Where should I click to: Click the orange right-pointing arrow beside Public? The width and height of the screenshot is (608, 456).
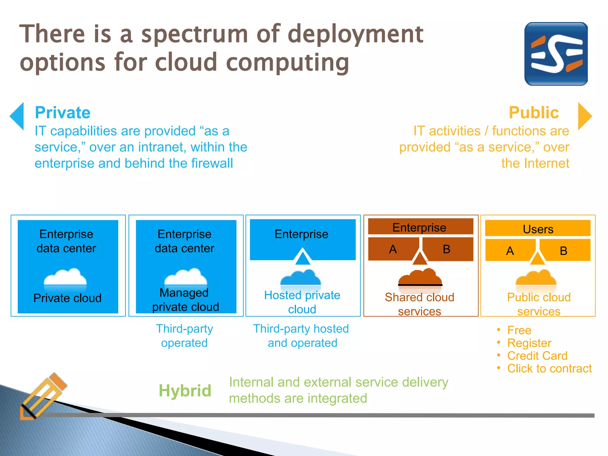(x=584, y=116)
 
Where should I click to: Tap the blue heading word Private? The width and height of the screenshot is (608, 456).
(x=63, y=113)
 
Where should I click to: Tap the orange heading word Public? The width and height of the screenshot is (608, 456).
(x=534, y=113)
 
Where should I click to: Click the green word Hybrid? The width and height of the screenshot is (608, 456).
(x=185, y=391)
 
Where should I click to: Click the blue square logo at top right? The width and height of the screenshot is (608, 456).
(x=556, y=54)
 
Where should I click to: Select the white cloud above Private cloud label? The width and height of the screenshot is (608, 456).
(x=65, y=278)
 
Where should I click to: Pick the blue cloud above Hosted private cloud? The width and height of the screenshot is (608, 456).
(x=301, y=278)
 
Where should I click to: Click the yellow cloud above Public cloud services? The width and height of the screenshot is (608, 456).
(x=536, y=278)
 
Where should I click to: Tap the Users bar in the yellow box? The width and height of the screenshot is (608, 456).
(x=538, y=229)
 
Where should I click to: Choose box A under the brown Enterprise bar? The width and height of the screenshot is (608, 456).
(x=393, y=249)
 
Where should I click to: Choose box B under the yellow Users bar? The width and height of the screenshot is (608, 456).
(x=563, y=251)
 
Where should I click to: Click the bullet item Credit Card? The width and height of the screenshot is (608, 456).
(x=537, y=356)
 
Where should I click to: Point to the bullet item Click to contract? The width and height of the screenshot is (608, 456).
(x=549, y=368)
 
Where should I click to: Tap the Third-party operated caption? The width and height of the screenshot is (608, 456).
(x=184, y=336)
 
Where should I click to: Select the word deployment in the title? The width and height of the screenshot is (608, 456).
(x=355, y=34)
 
